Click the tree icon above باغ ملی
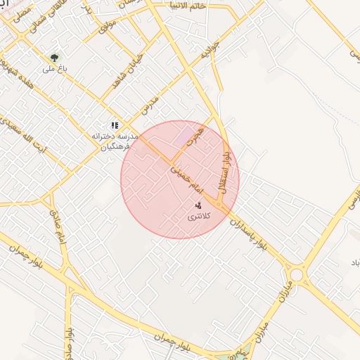(54, 57)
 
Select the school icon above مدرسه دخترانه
(115, 125)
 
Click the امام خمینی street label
(186, 173)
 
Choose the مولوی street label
(106, 30)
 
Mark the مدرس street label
(149, 106)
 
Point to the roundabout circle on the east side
(296, 274)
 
